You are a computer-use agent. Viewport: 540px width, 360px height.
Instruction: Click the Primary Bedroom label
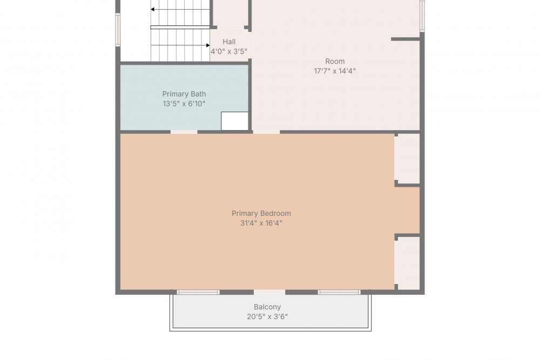261,213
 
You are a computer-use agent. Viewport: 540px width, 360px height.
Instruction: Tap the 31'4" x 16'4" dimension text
261,223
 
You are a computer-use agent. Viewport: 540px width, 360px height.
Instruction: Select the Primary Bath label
184,94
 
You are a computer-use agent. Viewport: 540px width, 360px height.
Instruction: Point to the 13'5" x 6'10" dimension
184,104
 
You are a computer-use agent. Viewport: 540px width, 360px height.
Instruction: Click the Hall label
229,42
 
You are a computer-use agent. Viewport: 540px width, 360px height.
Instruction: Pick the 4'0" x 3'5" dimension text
229,51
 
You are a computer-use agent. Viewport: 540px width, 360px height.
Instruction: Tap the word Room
335,62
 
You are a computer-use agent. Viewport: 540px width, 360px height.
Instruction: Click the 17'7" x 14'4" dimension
335,71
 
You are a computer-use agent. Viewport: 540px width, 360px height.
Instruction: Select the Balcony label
267,307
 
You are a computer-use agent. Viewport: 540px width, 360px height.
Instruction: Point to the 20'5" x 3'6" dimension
267,316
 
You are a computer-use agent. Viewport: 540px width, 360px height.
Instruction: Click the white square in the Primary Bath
234,121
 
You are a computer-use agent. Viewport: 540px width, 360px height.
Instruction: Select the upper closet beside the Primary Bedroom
409,159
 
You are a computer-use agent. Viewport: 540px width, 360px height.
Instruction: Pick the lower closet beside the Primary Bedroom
409,263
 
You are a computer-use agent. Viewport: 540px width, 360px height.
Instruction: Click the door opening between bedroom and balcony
269,292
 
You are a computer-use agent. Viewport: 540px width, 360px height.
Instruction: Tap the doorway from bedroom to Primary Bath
184,132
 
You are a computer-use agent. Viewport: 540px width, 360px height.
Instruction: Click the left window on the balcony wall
198,292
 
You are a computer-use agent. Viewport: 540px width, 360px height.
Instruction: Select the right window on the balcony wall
339,292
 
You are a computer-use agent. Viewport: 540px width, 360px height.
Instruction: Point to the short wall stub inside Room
406,39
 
